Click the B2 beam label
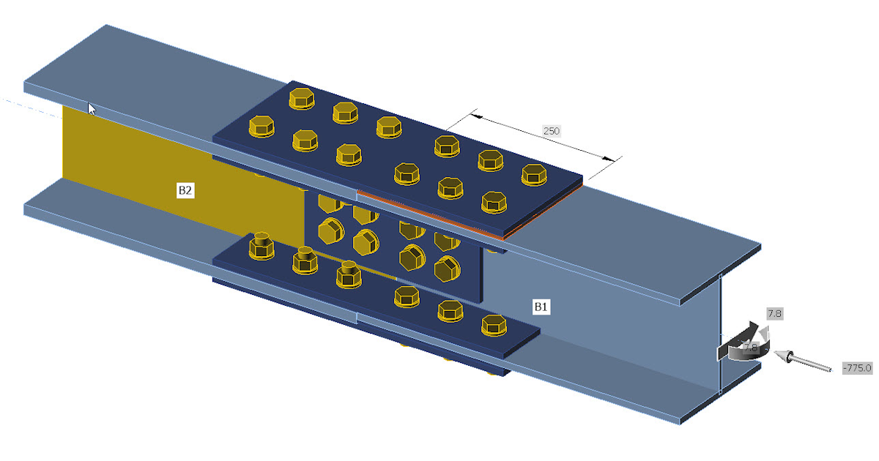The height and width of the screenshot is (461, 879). tap(185, 190)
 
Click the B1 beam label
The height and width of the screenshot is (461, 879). tap(541, 307)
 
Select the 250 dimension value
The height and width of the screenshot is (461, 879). tap(551, 131)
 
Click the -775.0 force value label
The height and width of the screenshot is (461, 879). tap(857, 367)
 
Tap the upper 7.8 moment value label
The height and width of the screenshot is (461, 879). tap(774, 314)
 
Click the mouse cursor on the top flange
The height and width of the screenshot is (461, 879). tap(92, 109)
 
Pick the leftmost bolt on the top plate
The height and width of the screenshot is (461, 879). tap(261, 127)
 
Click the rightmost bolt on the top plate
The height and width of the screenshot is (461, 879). tap(535, 174)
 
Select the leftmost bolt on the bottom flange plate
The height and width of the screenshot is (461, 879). tap(261, 246)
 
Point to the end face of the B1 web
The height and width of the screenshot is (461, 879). tap(721, 333)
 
